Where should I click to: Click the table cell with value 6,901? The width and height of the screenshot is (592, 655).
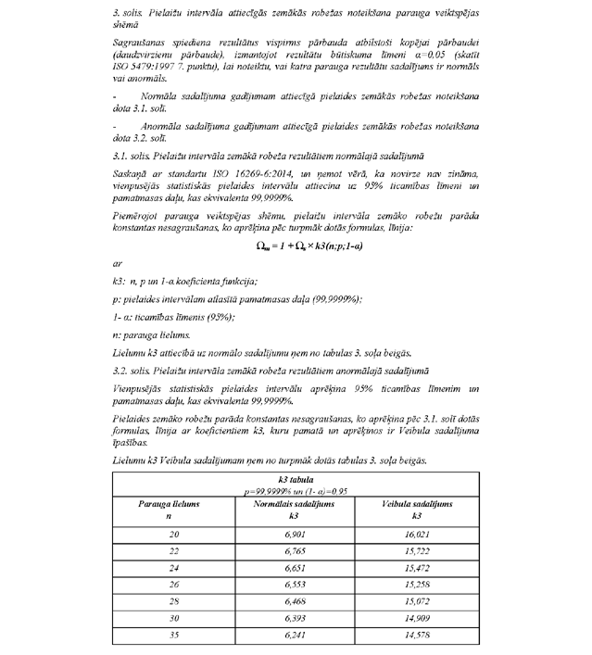(x=293, y=535)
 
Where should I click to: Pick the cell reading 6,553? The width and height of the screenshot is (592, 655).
(x=293, y=586)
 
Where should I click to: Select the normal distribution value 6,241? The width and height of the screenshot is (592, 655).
(x=293, y=636)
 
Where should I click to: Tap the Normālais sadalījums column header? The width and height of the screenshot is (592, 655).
(x=293, y=503)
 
